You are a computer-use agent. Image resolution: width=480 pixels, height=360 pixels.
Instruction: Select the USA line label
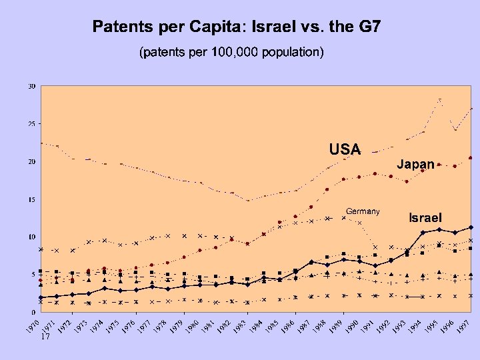(345, 149)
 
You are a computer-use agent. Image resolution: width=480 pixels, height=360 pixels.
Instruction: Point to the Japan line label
(416, 163)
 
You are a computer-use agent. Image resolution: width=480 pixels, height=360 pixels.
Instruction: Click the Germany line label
(363, 211)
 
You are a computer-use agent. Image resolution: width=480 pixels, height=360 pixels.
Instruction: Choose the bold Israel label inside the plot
(424, 217)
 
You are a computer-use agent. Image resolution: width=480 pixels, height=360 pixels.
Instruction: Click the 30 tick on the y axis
(31, 86)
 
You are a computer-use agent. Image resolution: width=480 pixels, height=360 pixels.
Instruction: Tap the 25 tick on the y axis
(31, 124)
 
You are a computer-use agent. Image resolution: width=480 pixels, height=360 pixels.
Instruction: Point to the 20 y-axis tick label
(31, 161)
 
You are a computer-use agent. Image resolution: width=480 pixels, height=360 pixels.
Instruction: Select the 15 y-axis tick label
(31, 199)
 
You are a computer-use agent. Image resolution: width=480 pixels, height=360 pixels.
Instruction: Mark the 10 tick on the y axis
(31, 237)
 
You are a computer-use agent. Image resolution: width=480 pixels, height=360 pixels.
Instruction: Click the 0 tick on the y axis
(33, 312)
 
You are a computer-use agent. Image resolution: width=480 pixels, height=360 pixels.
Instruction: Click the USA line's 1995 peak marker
(439, 100)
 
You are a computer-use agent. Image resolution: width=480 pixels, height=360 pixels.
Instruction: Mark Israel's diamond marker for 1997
(471, 227)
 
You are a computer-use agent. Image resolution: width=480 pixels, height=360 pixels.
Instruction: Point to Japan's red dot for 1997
(471, 158)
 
